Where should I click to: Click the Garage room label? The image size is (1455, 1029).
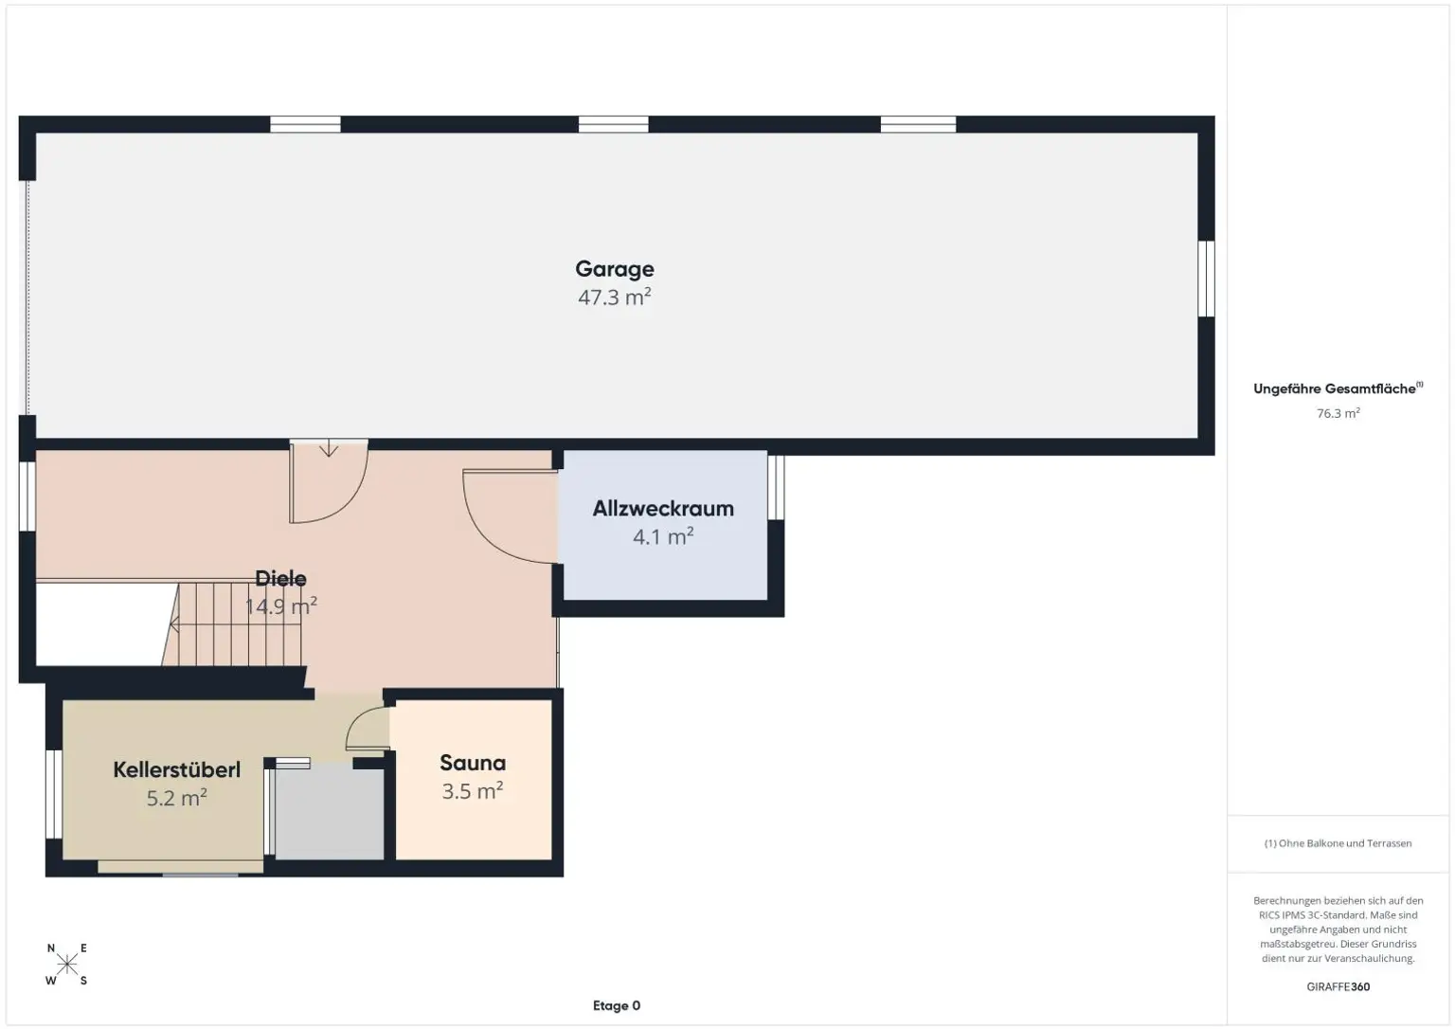(615, 270)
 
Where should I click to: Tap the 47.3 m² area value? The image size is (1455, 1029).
(615, 297)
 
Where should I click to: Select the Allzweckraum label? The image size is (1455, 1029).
(663, 509)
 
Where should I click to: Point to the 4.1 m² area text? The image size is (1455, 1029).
(663, 536)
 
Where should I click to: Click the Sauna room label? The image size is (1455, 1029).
(473, 763)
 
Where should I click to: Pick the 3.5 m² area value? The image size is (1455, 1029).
(473, 790)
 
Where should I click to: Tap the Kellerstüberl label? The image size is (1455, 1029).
(177, 769)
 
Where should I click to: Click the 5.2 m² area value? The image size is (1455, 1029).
(177, 798)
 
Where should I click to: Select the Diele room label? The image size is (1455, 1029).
(280, 578)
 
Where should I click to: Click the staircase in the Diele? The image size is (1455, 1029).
(234, 624)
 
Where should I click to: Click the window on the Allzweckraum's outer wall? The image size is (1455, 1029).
(776, 487)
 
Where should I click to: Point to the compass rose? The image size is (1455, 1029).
(67, 964)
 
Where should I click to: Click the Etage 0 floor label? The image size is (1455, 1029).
(617, 1005)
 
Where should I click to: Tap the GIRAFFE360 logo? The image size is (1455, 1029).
(1338, 986)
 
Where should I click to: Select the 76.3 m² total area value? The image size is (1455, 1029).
(1338, 413)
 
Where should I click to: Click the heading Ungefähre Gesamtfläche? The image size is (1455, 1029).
(1334, 389)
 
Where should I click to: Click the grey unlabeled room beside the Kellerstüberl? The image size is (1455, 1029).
(330, 811)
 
